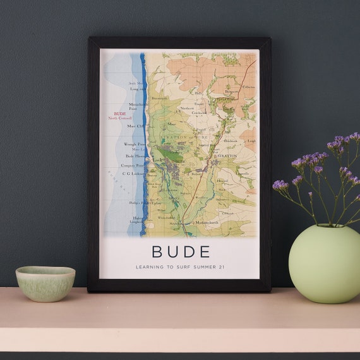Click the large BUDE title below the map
[x=181, y=251]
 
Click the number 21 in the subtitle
[x=222, y=267]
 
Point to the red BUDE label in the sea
[x=119, y=114]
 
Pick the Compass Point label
[x=133, y=165]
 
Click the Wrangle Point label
[x=134, y=144]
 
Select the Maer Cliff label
[x=135, y=126]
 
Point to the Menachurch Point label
[x=137, y=106]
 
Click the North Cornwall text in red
[x=120, y=119]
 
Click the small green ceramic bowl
[x=45, y=283]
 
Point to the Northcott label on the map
[x=187, y=108]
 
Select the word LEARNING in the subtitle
[x=150, y=267]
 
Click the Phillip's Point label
[x=137, y=203]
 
